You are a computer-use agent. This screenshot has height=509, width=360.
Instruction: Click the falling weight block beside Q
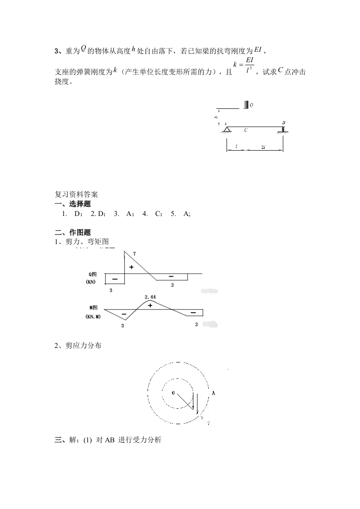click(245, 105)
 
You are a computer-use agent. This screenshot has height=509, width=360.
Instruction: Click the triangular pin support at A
click(226, 130)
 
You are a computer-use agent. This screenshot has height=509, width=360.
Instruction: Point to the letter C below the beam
click(246, 130)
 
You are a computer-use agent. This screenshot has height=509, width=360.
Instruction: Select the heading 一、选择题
click(73, 204)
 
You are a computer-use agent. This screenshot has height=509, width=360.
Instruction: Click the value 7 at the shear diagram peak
click(134, 254)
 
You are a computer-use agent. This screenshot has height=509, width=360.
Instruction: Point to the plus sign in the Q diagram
click(132, 267)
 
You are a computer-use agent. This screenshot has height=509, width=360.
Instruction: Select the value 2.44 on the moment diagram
click(150, 297)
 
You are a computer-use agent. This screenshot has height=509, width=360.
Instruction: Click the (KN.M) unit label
click(93, 316)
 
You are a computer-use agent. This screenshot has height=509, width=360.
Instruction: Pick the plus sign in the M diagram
click(150, 306)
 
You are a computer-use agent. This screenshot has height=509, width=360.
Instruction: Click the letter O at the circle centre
click(173, 392)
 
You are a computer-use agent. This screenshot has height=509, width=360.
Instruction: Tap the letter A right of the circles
click(213, 393)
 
